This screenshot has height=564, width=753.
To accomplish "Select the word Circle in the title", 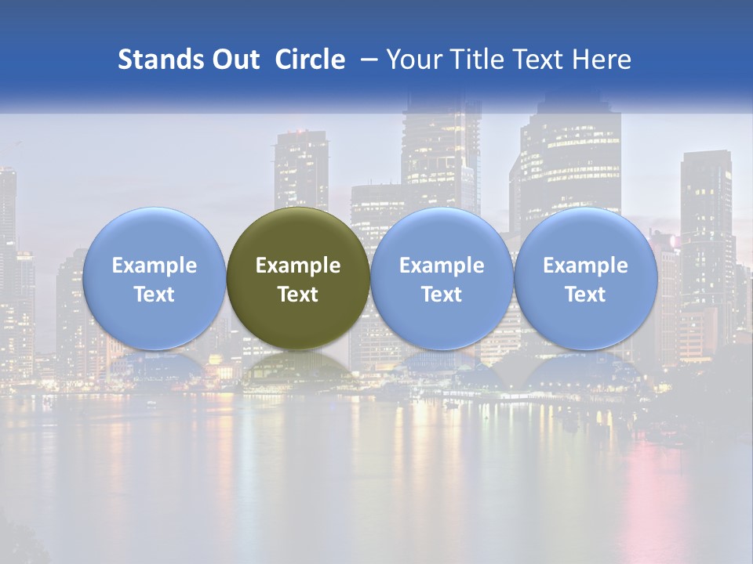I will pos(310,60).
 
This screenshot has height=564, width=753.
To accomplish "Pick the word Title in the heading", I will pos(474,60).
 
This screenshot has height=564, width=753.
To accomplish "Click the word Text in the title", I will pos(538,60).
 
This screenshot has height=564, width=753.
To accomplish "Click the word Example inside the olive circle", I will pos(298,266).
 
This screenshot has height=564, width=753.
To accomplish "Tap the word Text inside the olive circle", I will pos(298,295).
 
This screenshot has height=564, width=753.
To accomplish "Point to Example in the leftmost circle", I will pos(154,266).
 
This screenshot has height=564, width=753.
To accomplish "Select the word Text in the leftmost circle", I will pos(154,295).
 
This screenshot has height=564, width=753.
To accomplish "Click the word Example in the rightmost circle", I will pos(585,266).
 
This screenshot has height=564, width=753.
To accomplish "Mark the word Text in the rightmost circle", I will pos(585,295).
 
